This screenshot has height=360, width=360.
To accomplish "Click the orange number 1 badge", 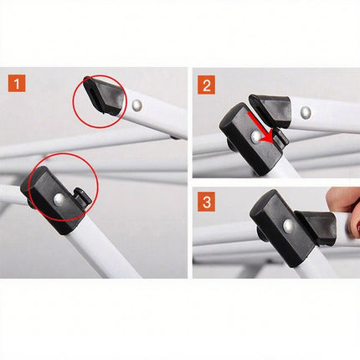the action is (x=17, y=84).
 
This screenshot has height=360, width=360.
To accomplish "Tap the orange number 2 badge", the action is (x=207, y=85).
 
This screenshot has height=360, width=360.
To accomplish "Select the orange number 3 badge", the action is (x=207, y=202).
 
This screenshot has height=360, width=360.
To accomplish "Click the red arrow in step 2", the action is (x=259, y=128).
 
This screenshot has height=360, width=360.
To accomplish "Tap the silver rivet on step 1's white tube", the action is (x=136, y=105).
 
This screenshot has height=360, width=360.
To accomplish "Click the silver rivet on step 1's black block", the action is (x=59, y=199).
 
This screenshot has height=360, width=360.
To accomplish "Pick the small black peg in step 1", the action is (x=83, y=196).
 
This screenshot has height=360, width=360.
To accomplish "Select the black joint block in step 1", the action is (x=52, y=199).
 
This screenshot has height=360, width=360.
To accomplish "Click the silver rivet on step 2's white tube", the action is (x=306, y=112).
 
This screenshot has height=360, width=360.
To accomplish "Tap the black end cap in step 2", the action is (x=270, y=109).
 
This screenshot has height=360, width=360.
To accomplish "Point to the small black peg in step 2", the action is (x=280, y=137).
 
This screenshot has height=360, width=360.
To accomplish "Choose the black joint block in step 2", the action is (x=249, y=139).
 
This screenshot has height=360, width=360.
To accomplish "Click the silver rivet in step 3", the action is (x=288, y=225).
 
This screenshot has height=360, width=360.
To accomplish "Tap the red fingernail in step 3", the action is (x=357, y=225).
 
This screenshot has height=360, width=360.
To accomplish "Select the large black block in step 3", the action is (x=282, y=228).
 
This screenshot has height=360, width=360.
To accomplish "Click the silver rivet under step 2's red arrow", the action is (x=256, y=136).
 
